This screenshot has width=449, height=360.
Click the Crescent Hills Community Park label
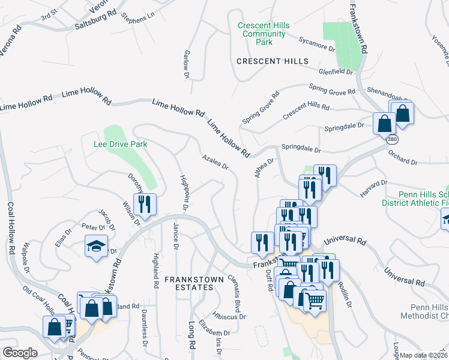tap(264, 34)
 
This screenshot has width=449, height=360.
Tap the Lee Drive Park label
tap(121, 145)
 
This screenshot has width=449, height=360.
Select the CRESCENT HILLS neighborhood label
tap(273, 62)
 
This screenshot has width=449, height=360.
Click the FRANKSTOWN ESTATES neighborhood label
tap(189, 283)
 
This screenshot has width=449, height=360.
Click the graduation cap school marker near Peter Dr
tap(96, 247)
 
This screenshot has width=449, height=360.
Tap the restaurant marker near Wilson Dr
tap(146, 204)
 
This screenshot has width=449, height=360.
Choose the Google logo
tap(20, 353)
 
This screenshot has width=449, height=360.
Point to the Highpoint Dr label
tap(184, 193)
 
